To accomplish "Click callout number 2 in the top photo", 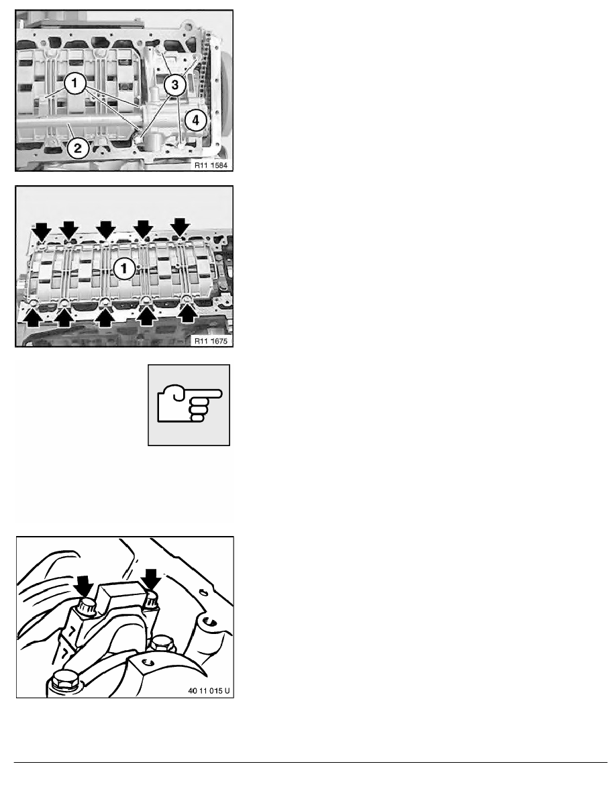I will (78, 148).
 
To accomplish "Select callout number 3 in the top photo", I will (174, 85).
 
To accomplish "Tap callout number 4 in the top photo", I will (195, 121).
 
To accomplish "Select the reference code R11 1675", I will (207, 340).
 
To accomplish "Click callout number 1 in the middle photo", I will (122, 269).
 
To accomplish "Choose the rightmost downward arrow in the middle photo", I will (179, 227).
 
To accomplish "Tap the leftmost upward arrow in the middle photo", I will (32, 316).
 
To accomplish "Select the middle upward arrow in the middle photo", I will (105, 315).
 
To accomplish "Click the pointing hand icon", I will (189, 405).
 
